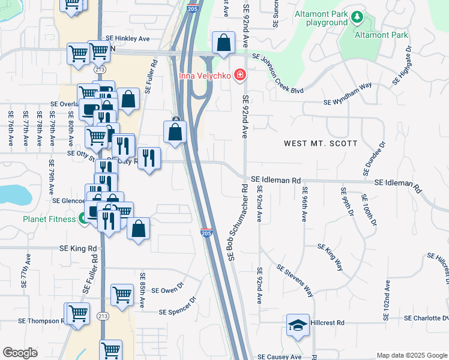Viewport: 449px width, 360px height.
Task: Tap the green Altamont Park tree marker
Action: (x=358, y=16)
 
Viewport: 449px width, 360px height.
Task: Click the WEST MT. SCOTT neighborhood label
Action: (x=321, y=143)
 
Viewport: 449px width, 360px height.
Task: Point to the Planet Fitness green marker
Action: (x=81, y=219)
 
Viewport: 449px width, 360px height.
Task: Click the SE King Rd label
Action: (x=78, y=248)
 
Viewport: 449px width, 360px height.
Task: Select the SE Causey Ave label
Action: (x=280, y=356)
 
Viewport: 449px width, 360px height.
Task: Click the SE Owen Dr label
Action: (x=167, y=290)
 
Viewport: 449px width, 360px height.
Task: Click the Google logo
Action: (x=20, y=353)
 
